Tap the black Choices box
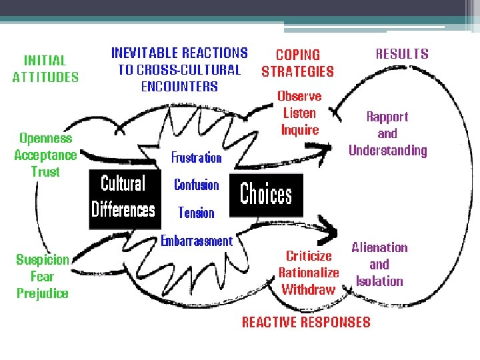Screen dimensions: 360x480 [x=266, y=195]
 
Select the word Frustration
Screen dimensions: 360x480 [x=196, y=157]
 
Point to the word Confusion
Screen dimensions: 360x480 [x=196, y=185]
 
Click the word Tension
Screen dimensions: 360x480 [x=196, y=213]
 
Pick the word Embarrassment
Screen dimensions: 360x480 [x=197, y=241]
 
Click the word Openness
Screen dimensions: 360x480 [x=46, y=139]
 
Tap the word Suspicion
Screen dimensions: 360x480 [x=43, y=259]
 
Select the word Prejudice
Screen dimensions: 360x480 [x=43, y=293]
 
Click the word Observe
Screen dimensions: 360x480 [x=299, y=96]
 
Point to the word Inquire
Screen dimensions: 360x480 [x=300, y=130]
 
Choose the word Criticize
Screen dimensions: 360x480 [x=309, y=255]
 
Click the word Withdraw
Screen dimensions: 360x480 [x=308, y=289]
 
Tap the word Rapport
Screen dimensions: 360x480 [x=387, y=117]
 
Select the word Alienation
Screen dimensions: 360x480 [x=379, y=247]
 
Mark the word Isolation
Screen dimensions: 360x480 [x=379, y=281]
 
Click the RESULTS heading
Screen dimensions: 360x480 [x=402, y=54]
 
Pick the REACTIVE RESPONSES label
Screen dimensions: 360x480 [x=306, y=322]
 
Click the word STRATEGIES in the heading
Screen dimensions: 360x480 [x=297, y=71]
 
